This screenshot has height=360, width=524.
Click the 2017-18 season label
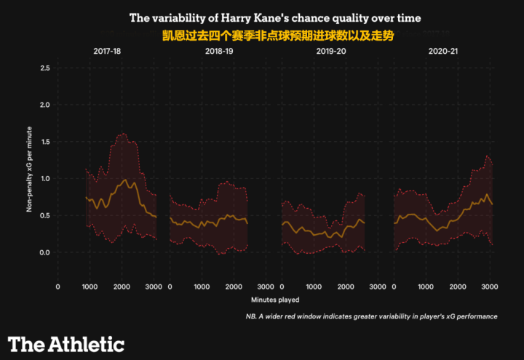(107, 52)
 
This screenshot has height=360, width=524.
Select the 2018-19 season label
(219, 52)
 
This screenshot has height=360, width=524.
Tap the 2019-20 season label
(331, 52)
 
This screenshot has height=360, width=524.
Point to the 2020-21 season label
(443, 52)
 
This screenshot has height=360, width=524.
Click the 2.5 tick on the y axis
(45, 68)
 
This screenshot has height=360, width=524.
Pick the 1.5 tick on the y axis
(45, 142)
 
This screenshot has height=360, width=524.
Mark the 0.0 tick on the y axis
(45, 252)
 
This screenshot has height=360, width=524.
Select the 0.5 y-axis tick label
(45, 215)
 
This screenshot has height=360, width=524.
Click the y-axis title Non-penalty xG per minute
(30, 160)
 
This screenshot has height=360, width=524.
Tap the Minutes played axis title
(275, 299)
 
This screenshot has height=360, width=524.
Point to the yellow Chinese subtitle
(277, 34)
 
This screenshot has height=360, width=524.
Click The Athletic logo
(66, 344)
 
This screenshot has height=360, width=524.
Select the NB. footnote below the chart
(371, 316)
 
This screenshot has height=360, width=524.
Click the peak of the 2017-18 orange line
(125, 179)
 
